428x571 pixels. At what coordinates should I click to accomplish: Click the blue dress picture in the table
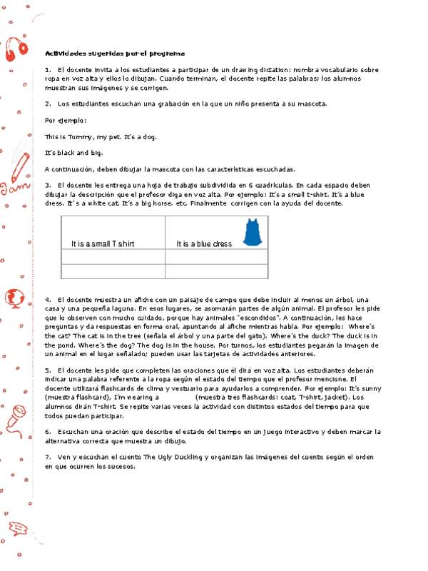click(250, 233)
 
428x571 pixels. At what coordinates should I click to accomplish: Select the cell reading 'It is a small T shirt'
click(103, 244)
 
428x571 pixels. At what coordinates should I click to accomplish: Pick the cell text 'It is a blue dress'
click(204, 244)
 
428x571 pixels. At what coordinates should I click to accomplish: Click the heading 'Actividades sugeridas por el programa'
click(115, 54)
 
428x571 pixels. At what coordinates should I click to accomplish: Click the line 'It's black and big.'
click(73, 153)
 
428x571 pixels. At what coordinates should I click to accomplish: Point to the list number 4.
click(47, 298)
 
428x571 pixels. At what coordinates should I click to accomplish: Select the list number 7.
click(47, 455)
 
